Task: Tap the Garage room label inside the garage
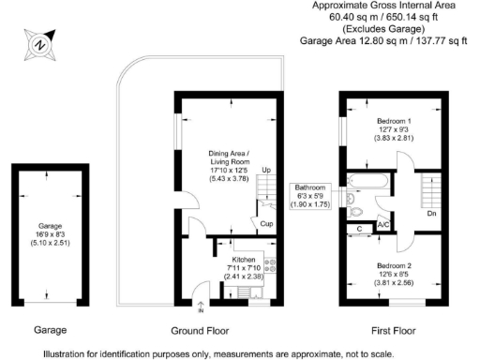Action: (x=50, y=226)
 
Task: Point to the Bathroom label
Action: (x=311, y=187)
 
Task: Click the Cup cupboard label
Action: (x=267, y=223)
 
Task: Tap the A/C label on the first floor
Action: (x=383, y=225)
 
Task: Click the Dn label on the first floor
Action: (x=431, y=214)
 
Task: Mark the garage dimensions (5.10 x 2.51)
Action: (x=50, y=243)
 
